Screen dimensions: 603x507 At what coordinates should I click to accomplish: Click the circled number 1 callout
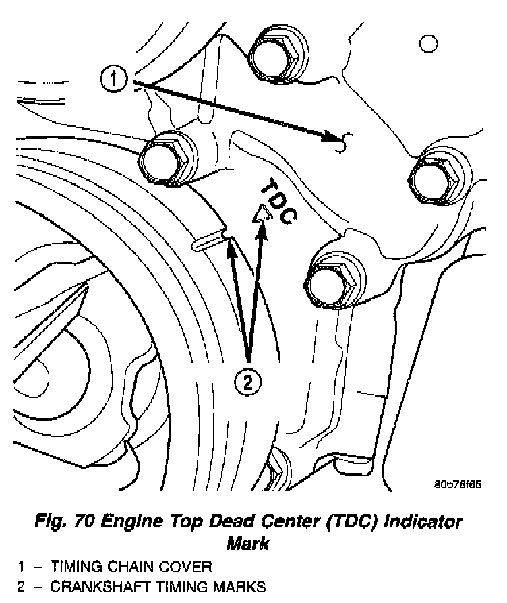[114, 80]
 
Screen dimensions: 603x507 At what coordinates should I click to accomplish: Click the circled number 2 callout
[248, 382]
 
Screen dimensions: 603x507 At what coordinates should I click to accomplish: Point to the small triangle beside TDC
[260, 213]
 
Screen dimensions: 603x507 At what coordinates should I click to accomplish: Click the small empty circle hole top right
[427, 45]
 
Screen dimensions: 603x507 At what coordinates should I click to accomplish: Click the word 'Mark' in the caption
[249, 542]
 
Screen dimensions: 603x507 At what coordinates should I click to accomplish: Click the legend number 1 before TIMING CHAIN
[22, 567]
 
